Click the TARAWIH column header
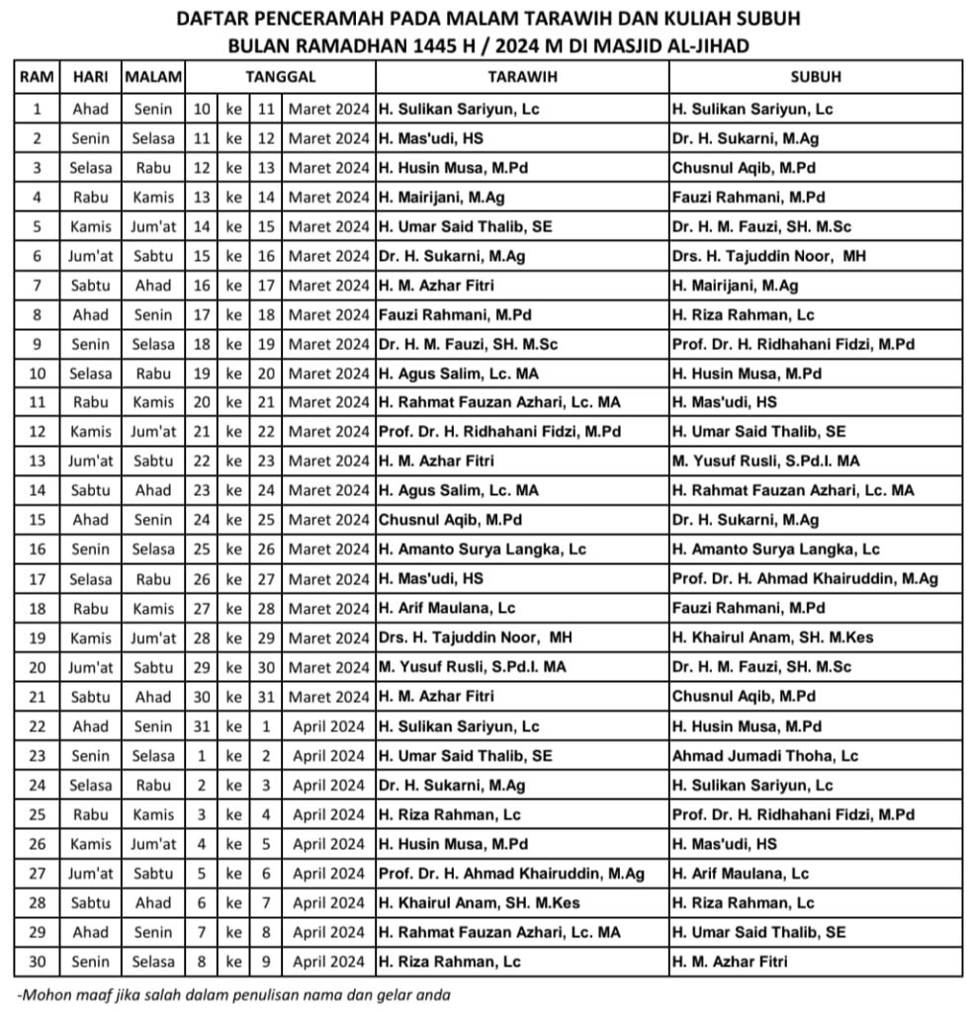tap(522, 77)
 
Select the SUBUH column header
tap(816, 77)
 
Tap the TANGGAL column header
tap(280, 77)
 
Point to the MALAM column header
tap(153, 77)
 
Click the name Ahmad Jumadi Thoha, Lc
tap(764, 756)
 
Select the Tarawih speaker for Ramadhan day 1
tap(459, 110)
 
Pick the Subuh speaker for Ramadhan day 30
tap(730, 962)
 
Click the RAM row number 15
tap(37, 520)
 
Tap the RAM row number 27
tap(37, 874)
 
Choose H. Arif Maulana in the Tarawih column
tap(447, 609)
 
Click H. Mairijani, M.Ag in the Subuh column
tap(735, 286)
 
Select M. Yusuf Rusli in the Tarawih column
tap(473, 667)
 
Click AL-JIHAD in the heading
tap(706, 45)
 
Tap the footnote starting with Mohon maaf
tap(233, 994)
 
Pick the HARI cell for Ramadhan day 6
tap(91, 256)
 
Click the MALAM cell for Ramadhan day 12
tap(153, 432)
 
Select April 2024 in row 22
tap(328, 726)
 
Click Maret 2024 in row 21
tap(328, 697)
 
